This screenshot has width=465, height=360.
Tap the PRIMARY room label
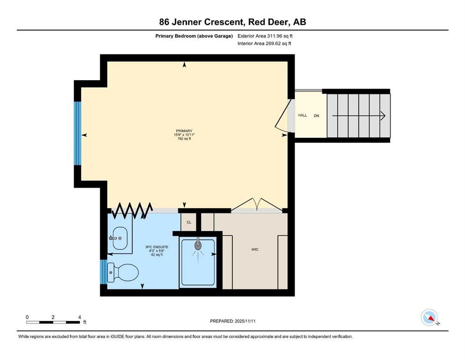tap(184, 131)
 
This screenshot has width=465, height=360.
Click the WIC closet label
tap(255, 249)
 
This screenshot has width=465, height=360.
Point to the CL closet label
tap(189, 222)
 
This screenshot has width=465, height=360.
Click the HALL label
tap(303, 115)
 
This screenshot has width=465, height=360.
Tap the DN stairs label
tap(316, 115)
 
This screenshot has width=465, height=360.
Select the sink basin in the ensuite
tap(120, 238)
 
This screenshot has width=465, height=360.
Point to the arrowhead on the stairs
tap(382, 115)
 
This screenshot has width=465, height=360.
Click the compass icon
tap(429, 317)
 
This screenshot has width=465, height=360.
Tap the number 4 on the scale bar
tap(80, 317)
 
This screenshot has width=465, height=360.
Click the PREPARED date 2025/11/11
tap(232, 321)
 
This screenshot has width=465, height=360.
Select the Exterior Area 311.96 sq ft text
tap(265, 36)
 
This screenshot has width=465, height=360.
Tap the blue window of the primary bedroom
tap(77, 133)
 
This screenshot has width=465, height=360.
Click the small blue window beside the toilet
tap(103, 272)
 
